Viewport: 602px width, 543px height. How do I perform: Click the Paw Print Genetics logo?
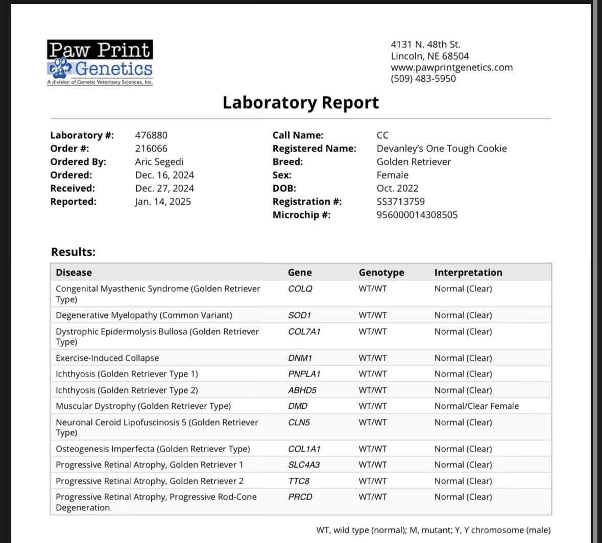tap(100, 62)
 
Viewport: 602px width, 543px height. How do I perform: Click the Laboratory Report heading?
tap(300, 103)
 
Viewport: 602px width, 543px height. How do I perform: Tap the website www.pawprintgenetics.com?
tap(451, 67)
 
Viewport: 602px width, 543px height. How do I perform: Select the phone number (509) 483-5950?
tap(423, 79)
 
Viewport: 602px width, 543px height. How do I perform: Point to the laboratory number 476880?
tap(151, 135)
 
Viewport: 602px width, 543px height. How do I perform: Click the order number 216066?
tap(151, 149)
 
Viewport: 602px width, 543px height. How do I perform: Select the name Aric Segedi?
tap(159, 162)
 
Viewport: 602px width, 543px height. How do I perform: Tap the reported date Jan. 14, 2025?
tap(163, 202)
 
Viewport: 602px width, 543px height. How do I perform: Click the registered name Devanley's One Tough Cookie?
tap(441, 149)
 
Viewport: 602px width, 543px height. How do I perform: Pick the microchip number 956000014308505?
tap(417, 215)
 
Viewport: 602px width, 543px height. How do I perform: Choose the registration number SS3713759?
tap(400, 202)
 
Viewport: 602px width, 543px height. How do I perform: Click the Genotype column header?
tap(381, 273)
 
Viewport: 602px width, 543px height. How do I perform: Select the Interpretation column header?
tap(468, 273)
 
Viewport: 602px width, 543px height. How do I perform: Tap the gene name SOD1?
tap(299, 315)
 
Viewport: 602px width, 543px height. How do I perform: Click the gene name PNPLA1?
tap(304, 374)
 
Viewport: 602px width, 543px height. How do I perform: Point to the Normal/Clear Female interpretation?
tap(476, 406)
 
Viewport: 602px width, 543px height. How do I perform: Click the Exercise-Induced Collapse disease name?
tap(107, 358)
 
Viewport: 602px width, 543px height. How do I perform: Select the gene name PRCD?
tap(300, 497)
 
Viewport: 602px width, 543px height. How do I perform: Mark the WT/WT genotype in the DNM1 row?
tap(372, 358)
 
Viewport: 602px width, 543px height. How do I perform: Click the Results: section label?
tap(73, 252)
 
